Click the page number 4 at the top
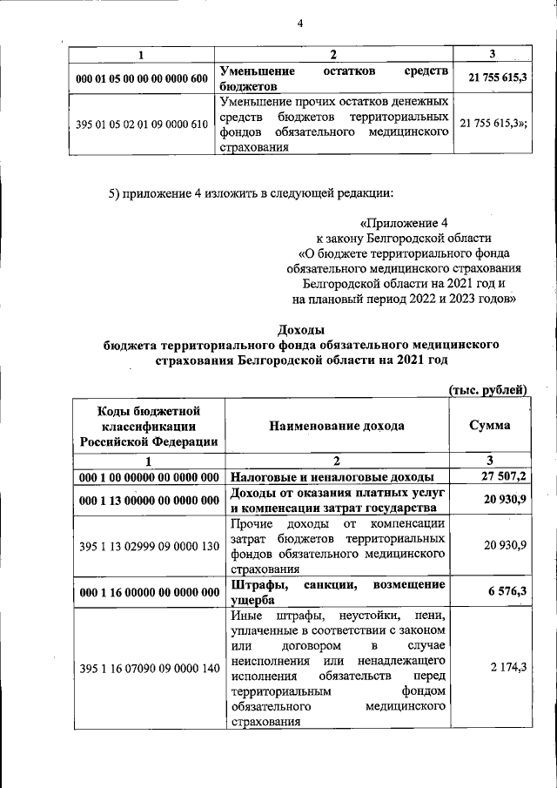pyautogui.click(x=299, y=23)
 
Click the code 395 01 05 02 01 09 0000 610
pyautogui.click(x=142, y=124)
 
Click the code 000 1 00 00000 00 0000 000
pyautogui.click(x=148, y=477)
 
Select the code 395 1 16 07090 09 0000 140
pyautogui.click(x=148, y=668)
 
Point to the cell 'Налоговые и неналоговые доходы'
pyautogui.click(x=332, y=477)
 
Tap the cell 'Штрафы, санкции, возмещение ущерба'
pyautogui.click(x=339, y=591)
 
